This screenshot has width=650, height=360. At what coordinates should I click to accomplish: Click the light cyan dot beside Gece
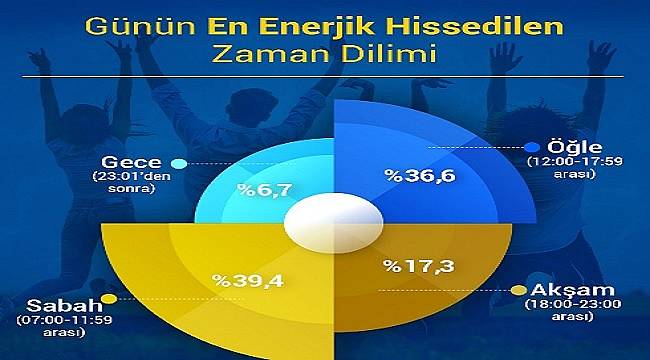[179, 163]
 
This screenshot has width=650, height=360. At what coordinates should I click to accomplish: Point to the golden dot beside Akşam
[517, 290]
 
